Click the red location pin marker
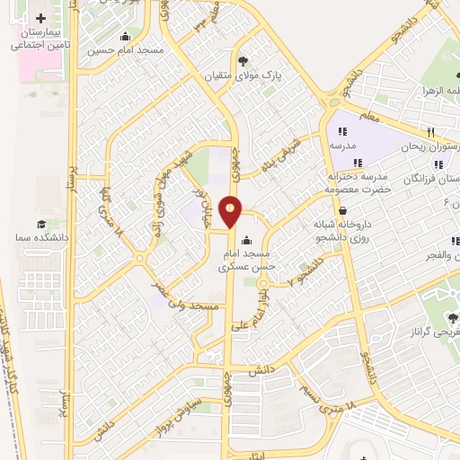click(232, 211)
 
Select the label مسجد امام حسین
click(126, 50)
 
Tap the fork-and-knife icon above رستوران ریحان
click(432, 130)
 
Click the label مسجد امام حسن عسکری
click(244, 261)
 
